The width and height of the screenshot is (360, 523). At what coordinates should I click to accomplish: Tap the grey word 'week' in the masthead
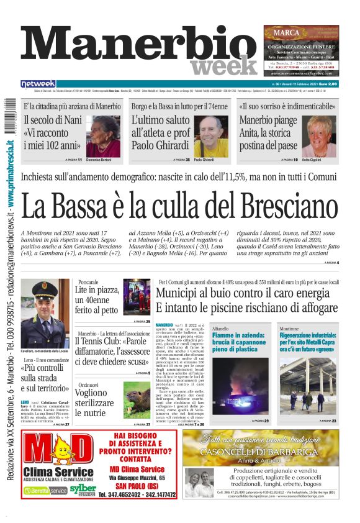217,66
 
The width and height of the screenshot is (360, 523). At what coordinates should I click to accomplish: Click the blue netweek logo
38,84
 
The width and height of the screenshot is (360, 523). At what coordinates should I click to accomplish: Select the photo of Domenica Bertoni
104,137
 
